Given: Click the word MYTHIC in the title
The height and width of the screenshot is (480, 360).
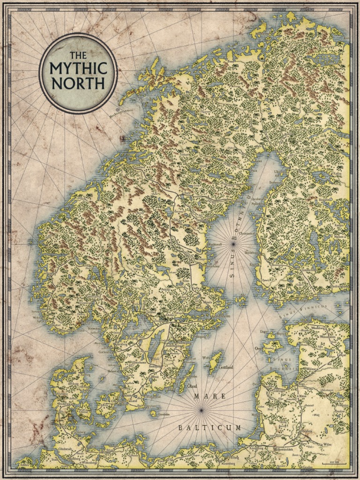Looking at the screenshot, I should click(x=78, y=69).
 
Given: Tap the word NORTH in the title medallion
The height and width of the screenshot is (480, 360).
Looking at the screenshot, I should click(x=78, y=83).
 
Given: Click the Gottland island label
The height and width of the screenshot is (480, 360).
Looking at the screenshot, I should click(x=224, y=368).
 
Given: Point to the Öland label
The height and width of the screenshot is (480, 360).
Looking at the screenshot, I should click(x=192, y=386).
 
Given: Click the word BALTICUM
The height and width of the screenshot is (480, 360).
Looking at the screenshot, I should click(x=210, y=427).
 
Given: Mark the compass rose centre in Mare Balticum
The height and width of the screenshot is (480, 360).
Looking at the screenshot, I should click(x=201, y=410).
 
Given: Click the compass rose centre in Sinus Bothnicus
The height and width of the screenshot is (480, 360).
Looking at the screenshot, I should click(x=233, y=243).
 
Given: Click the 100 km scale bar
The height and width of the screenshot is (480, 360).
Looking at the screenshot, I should click(x=336, y=463).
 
